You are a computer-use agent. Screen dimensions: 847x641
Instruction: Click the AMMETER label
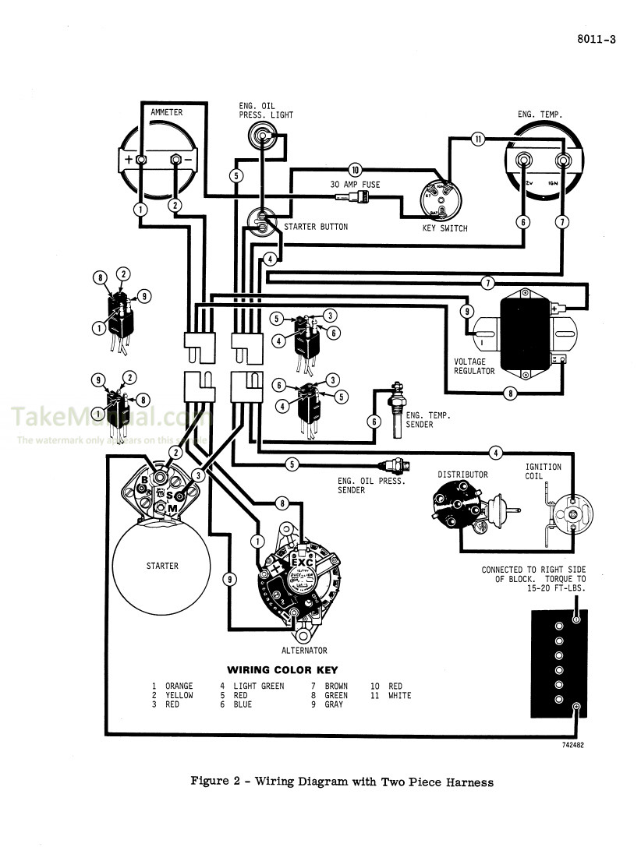tap(166, 112)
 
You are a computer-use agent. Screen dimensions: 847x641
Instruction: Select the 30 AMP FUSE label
tap(355, 185)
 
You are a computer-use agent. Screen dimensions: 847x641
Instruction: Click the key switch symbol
tap(441, 202)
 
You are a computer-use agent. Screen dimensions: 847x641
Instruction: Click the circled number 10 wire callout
tap(356, 169)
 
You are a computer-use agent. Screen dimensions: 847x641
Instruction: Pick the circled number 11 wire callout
tap(478, 139)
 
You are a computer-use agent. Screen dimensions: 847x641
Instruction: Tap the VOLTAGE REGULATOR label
tap(474, 366)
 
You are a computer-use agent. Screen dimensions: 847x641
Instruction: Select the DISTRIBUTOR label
tap(462, 475)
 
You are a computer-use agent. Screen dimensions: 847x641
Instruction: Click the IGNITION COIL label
tap(543, 472)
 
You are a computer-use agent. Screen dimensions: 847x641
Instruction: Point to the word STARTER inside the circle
tap(162, 566)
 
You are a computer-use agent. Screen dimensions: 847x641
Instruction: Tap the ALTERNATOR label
tap(304, 650)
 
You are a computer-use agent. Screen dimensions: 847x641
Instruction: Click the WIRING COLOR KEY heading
tap(282, 670)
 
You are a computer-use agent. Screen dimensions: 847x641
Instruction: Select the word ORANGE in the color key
tap(179, 686)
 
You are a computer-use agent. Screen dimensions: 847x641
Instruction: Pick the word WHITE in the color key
tap(399, 695)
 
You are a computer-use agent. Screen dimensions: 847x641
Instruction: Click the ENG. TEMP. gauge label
tap(540, 115)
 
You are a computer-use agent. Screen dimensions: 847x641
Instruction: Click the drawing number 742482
tap(572, 745)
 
